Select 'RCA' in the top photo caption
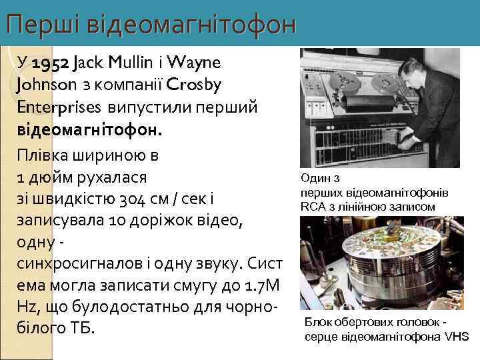click(313, 207)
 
